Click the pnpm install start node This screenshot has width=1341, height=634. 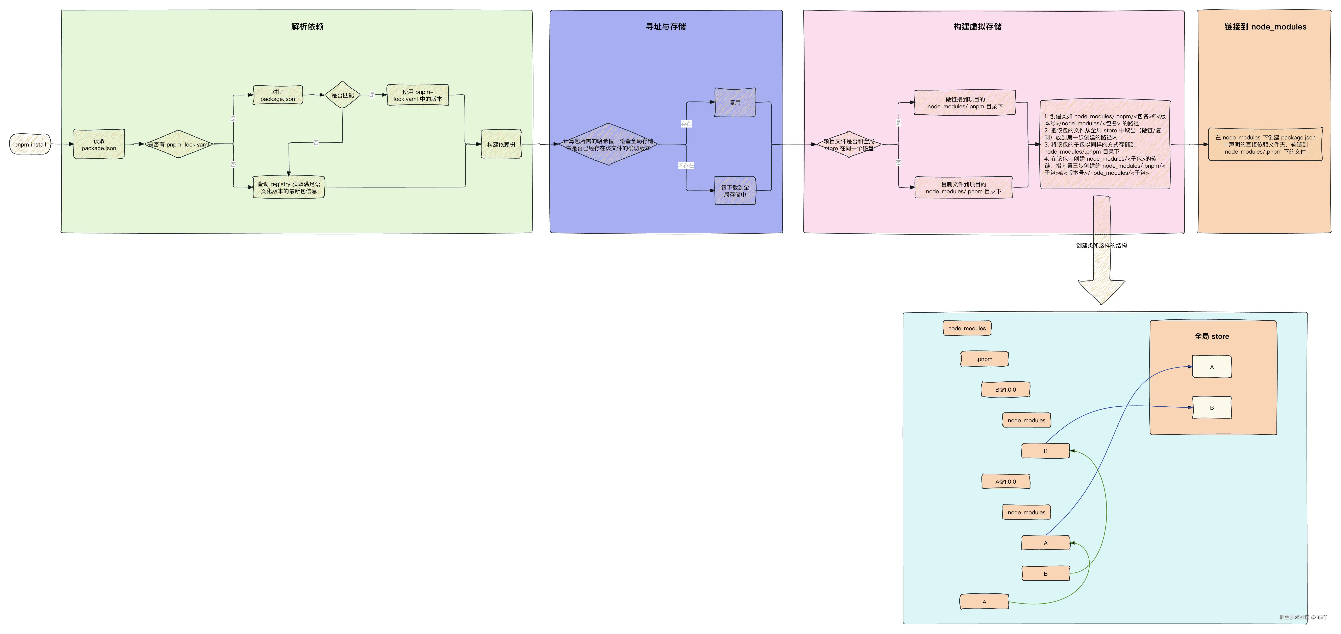click(30, 144)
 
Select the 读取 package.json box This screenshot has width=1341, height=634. click(99, 144)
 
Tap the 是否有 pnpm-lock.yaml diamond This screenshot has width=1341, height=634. click(179, 144)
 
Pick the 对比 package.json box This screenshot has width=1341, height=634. click(277, 95)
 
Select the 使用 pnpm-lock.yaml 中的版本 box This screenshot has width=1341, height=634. click(418, 95)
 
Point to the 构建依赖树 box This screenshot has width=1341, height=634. click(501, 144)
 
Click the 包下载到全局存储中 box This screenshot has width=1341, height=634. click(735, 191)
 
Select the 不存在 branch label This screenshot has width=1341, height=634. click(686, 166)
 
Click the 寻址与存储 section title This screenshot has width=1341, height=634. click(666, 27)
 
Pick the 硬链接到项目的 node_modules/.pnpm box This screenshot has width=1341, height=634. click(965, 103)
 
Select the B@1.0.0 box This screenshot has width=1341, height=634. click(1005, 390)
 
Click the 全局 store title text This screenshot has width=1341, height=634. click(1211, 337)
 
